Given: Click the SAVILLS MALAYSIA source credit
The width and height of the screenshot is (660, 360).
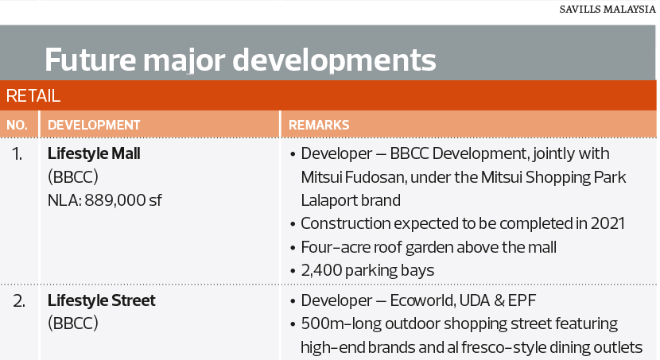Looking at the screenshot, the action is pos(607,10).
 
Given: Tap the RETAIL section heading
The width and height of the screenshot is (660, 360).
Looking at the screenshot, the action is pos(33,96).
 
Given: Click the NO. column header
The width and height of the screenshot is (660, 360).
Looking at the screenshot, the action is pos(17,125).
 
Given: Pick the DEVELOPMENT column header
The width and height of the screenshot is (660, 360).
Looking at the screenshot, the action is pos(94,125).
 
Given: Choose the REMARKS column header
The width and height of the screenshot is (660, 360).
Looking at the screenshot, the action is pos(319,125).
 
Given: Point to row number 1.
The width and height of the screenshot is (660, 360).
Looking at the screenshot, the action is pos(17,154).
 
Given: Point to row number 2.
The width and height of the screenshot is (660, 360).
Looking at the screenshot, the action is pos(18,301).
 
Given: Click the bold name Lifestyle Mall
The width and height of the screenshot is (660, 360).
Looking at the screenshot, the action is pos(94,154).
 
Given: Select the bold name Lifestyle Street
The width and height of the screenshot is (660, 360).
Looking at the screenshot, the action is pos(102,300).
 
